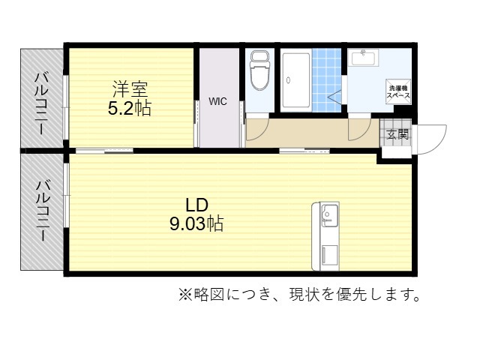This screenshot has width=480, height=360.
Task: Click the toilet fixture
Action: pyautogui.click(x=260, y=71)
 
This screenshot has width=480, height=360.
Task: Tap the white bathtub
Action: pyautogui.click(x=296, y=80)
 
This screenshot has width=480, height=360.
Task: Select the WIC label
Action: pyautogui.click(x=218, y=101)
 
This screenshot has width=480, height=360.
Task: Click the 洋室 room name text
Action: pyautogui.click(x=130, y=89)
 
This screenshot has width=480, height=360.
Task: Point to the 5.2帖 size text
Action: pyautogui.click(x=130, y=108)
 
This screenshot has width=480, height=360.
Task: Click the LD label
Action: pyautogui.click(x=197, y=205)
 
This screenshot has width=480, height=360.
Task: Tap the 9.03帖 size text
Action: pyautogui.click(x=196, y=223)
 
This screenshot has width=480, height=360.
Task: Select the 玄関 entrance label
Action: pyautogui.click(x=397, y=133)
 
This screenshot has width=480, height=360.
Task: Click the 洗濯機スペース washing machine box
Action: pyautogui.click(x=398, y=91)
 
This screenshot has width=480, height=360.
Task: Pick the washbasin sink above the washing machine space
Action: pyautogui.click(x=363, y=57)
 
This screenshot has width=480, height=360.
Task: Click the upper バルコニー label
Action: pyautogui.click(x=42, y=103)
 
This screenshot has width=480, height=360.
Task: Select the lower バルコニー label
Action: pyautogui.click(x=42, y=210)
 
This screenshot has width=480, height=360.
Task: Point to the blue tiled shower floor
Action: pyautogui.click(x=327, y=80)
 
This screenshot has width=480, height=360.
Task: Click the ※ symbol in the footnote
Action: pyautogui.click(x=186, y=295)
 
